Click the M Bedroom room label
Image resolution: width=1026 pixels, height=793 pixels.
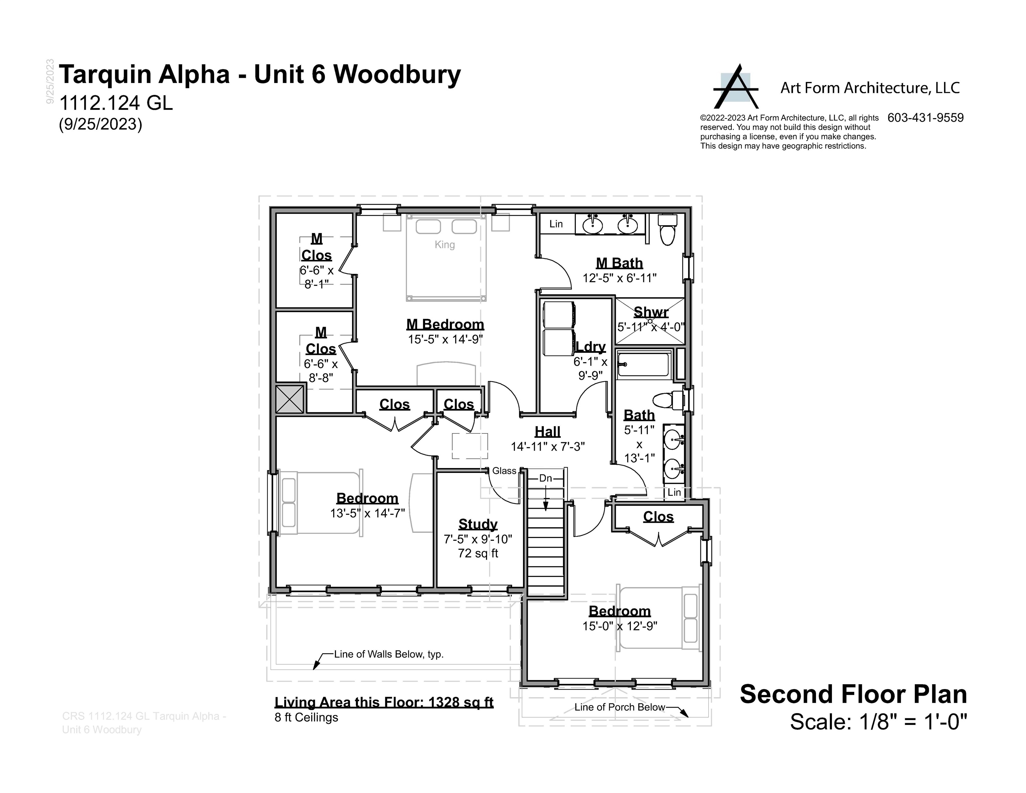(445, 324)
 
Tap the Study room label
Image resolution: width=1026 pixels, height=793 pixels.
(478, 524)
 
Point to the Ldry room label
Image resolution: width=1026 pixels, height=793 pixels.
(591, 346)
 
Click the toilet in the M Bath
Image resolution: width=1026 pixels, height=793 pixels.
(667, 229)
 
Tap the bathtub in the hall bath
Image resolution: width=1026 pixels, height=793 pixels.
(644, 364)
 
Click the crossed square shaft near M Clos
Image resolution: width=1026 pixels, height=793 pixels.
(290, 399)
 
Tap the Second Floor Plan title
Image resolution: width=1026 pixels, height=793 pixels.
(853, 694)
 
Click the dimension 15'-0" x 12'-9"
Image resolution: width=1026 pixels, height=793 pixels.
(620, 626)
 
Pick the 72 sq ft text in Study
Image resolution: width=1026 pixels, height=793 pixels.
(478, 553)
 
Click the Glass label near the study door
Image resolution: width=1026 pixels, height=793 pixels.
(504, 471)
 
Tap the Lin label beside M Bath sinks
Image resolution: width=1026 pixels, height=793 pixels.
(556, 224)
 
